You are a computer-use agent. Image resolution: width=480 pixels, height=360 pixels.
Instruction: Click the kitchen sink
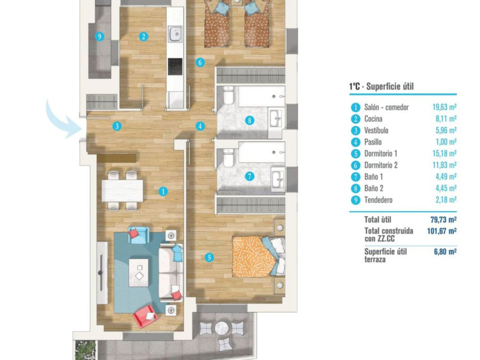(175, 34)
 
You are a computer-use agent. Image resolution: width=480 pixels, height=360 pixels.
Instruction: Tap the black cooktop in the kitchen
(175, 67)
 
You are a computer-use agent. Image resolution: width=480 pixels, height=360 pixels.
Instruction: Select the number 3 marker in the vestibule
(116, 126)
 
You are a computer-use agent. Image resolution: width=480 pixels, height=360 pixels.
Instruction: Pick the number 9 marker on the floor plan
(100, 37)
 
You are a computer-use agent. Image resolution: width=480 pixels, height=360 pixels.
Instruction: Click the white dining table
(122, 190)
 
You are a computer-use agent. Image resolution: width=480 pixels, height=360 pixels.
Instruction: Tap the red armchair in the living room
(146, 316)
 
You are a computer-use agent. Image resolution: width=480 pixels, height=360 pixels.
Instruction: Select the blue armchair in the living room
(139, 235)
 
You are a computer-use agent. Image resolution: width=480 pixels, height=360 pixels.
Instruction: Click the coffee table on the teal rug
(139, 272)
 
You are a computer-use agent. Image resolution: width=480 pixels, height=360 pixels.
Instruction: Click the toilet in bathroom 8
(228, 95)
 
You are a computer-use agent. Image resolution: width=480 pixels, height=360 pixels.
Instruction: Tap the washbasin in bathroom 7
(278, 179)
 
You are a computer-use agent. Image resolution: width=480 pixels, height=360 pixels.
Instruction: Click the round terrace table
(222, 328)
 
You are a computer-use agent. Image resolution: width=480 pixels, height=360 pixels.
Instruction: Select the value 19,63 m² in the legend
(445, 107)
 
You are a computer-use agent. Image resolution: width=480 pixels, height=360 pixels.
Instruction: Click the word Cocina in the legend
(373, 119)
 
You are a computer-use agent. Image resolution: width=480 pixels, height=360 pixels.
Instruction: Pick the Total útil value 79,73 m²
(443, 220)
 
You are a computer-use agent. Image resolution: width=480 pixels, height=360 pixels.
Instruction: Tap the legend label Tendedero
(379, 200)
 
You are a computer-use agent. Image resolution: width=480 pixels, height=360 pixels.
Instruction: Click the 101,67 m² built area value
(442, 231)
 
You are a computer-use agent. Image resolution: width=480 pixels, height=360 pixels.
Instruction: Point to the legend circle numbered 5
(355, 154)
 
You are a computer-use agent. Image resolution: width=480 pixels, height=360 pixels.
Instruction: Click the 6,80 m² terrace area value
(445, 251)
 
